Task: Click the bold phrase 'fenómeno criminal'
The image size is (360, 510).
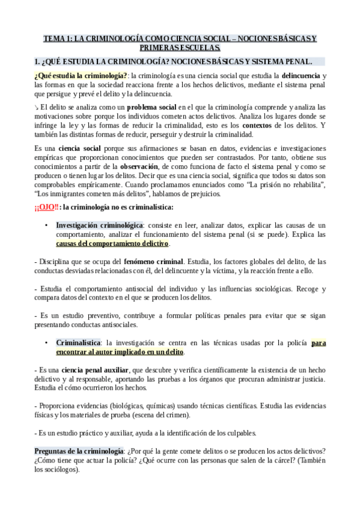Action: pos(153,262)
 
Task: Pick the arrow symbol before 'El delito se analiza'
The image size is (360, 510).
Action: pos(36,106)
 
